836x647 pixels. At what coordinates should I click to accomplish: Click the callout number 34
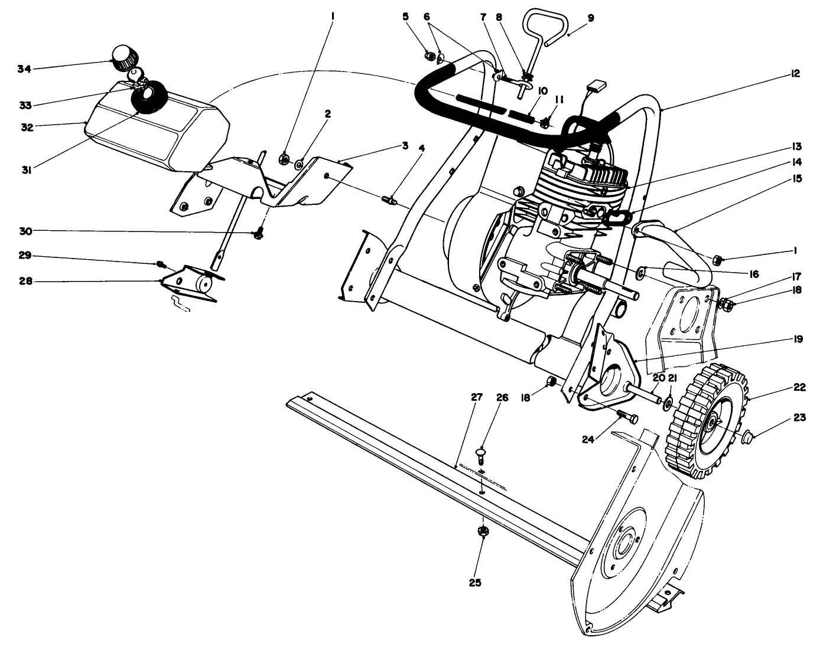point(24,69)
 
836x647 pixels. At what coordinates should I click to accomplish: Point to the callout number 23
point(799,418)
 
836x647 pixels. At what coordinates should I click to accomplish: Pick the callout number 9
point(590,18)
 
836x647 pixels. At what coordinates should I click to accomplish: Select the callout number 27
point(476,398)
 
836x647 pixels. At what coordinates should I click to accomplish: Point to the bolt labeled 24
point(628,417)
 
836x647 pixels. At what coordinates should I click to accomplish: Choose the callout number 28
point(24,282)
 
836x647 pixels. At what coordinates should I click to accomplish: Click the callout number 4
point(421,148)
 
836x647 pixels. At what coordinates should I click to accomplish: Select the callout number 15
point(798,178)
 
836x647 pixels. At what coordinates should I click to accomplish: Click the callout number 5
point(405,17)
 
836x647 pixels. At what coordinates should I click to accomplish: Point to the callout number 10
point(542,90)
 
